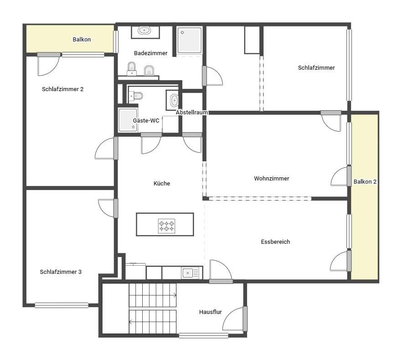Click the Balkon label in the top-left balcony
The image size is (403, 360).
(82, 39)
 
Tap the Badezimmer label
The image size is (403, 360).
(150, 53)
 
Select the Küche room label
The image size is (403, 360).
(162, 183)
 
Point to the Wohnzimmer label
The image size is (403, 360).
(271, 178)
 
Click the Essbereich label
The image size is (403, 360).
(275, 242)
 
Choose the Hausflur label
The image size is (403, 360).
(210, 312)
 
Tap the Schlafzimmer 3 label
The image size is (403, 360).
(61, 272)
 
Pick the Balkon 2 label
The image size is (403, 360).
(365, 181)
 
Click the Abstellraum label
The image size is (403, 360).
(192, 112)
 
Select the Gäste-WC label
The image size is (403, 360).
(146, 120)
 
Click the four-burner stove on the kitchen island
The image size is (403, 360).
(166, 226)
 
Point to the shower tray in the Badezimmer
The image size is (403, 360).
(190, 41)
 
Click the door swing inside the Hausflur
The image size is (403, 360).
(233, 319)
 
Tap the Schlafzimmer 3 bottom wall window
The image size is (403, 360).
(62, 305)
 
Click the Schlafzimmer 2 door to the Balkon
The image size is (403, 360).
(49, 65)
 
